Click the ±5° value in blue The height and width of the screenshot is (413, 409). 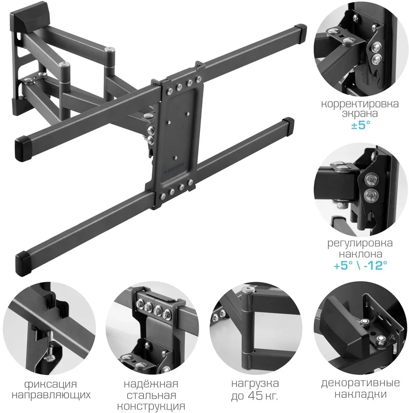[x=360, y=125]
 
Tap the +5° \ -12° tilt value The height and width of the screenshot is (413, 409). [x=360, y=265]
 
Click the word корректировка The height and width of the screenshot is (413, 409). [x=360, y=104]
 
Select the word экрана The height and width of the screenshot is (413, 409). [x=360, y=114]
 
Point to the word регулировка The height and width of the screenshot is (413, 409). [x=360, y=243]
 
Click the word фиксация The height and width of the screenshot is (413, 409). [x=51, y=384]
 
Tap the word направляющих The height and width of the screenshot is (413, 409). [x=51, y=395]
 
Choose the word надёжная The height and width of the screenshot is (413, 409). [x=151, y=384]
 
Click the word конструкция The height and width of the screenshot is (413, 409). [x=151, y=406]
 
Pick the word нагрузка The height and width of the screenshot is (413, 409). [x=255, y=383]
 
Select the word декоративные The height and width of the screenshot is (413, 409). [x=360, y=383]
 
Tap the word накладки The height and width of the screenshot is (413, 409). [x=360, y=395]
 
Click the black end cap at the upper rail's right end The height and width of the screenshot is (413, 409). [x=300, y=33]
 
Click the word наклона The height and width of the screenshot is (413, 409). [x=360, y=254]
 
